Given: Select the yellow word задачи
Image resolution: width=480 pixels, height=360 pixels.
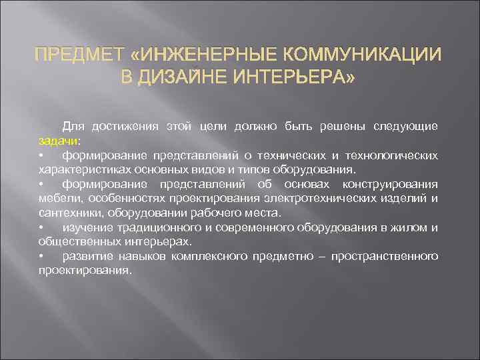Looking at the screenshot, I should pyautogui.click(x=58, y=141).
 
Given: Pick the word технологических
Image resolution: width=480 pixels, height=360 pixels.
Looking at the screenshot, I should pyautogui.click(x=390, y=155).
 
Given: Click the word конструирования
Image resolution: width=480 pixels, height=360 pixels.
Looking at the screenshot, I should pyautogui.click(x=391, y=184).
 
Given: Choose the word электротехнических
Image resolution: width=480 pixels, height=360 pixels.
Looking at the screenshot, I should pyautogui.click(x=358, y=198).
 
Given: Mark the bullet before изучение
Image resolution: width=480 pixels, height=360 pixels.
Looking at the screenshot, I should pyautogui.click(x=41, y=227).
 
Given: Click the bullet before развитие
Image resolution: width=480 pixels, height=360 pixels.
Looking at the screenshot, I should pyautogui.click(x=41, y=256).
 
